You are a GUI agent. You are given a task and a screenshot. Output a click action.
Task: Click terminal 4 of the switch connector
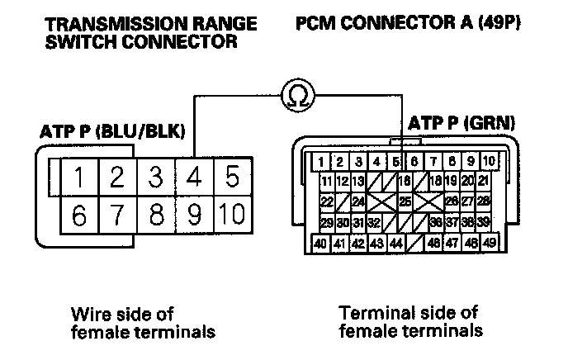click(195, 178)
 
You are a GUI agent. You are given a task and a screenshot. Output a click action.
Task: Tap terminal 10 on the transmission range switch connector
click(232, 216)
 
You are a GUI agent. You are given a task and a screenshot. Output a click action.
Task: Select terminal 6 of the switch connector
click(79, 216)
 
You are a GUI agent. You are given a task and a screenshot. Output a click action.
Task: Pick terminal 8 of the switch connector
click(156, 216)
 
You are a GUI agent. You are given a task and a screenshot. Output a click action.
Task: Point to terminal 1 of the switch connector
click(79, 178)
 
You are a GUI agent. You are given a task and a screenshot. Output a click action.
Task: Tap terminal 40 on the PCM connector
click(320, 243)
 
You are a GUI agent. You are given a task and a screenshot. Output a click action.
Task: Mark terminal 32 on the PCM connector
click(374, 223)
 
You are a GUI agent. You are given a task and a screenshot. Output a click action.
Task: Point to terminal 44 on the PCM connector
click(395, 243)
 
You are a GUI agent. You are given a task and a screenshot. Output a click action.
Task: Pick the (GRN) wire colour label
click(491, 123)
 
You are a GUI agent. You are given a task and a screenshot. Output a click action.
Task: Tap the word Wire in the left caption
click(88, 313)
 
